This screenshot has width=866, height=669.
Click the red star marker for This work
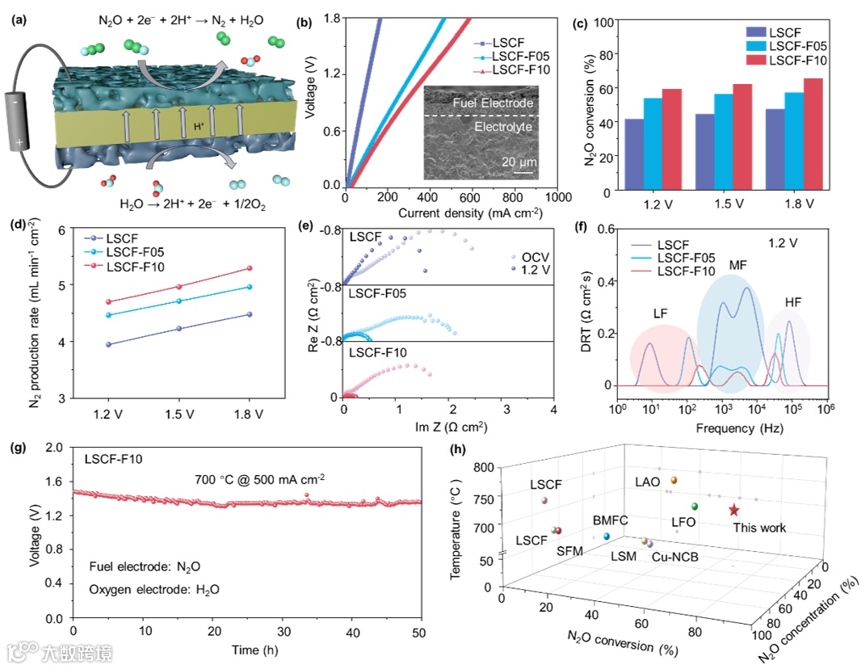point(734,510)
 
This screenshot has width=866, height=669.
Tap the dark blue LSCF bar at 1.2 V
point(634,154)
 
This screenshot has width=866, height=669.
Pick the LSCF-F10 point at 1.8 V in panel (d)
point(249,267)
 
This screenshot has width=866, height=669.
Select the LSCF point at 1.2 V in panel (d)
point(108,344)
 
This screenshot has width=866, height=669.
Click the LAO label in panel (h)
point(647,482)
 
